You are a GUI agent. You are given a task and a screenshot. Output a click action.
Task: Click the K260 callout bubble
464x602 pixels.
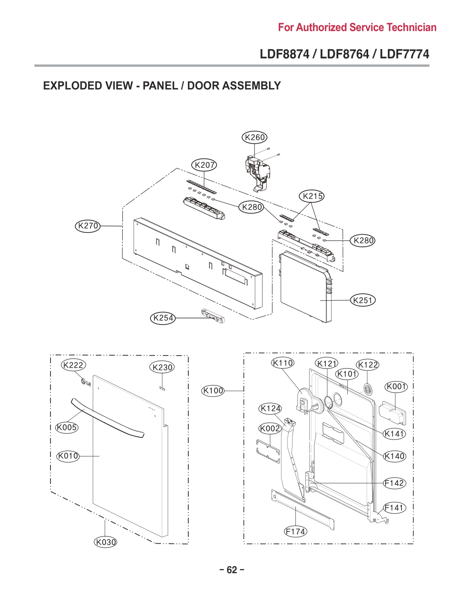coord(255,138)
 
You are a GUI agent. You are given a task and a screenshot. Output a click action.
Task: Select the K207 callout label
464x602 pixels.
coord(204,165)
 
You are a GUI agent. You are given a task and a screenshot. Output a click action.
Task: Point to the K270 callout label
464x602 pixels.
coord(88,226)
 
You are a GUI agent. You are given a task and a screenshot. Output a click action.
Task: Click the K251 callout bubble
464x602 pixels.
coord(363,300)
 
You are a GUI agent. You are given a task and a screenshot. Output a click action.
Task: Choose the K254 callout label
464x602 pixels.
coord(163,318)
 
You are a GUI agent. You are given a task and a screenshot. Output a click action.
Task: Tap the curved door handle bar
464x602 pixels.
coord(107,418)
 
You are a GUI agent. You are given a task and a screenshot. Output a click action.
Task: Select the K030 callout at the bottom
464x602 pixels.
coord(106,542)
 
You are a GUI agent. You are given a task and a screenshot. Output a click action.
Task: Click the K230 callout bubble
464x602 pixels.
coord(162,367)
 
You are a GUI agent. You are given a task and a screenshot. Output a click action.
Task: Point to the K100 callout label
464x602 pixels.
coord(213,390)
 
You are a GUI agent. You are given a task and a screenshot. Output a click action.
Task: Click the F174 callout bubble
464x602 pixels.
coord(295,531)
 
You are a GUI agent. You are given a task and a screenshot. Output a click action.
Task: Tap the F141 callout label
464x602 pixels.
coord(394,508)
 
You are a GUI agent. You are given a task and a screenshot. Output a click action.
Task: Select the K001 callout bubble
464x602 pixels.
coord(396,387)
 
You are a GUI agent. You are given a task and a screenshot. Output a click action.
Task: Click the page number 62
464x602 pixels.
coord(232,570)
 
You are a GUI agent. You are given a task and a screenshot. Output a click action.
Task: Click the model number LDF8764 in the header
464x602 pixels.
coord(344,54)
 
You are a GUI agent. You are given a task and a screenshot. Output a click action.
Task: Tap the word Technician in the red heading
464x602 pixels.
coord(411,28)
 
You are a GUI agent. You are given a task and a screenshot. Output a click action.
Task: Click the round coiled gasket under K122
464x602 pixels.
coord(368,389)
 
